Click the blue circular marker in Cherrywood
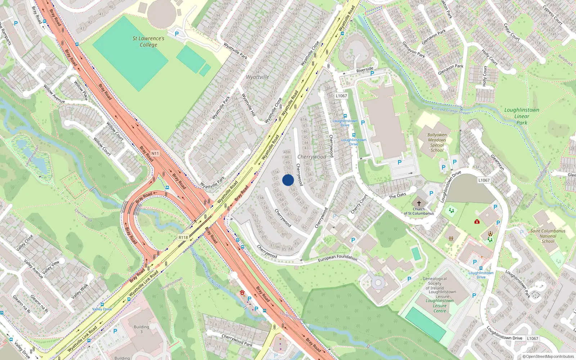point(288,180)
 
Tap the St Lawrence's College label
point(148,41)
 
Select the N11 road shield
point(155,153)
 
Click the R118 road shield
point(183,238)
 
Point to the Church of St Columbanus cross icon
point(419,203)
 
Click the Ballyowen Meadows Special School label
point(437,143)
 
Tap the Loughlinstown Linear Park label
point(522,116)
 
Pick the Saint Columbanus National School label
point(548,236)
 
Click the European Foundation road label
point(337,258)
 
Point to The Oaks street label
point(397,196)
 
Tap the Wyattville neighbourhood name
point(257,77)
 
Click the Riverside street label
point(365,69)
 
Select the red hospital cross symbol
point(477,221)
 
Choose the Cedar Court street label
point(512,32)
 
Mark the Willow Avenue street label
point(54,94)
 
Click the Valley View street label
point(51,267)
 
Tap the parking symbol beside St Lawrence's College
point(177,34)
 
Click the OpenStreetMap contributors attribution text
point(548,357)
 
